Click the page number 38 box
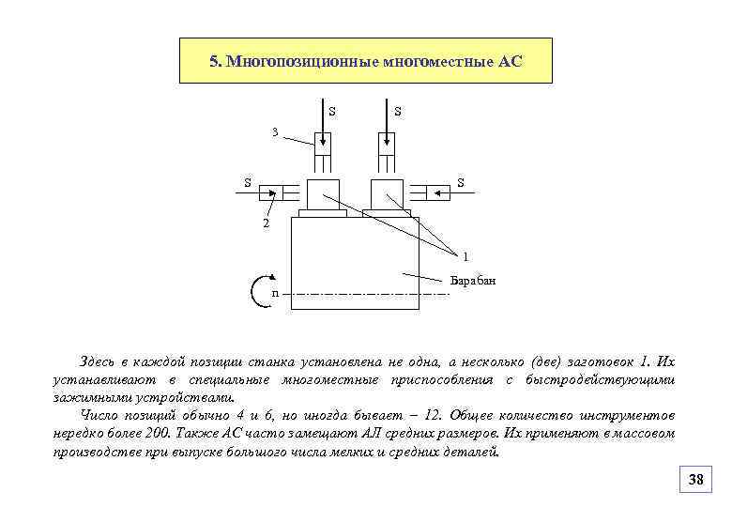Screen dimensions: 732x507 point(695,480)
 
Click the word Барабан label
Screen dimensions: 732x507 point(472,281)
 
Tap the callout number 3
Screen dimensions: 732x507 point(274,132)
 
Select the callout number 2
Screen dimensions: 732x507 point(266,224)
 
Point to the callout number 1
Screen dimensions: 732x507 point(465,256)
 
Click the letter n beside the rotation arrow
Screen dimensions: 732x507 point(274,294)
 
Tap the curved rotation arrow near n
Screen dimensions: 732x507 point(262,292)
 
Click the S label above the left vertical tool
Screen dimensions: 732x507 point(332,112)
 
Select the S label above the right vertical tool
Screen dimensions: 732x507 point(398,112)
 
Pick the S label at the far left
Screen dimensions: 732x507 point(248,182)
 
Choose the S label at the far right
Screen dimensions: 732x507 point(461,182)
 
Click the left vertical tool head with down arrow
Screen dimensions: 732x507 point(322,142)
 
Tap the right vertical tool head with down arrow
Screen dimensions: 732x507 point(386,142)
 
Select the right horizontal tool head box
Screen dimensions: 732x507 point(437,192)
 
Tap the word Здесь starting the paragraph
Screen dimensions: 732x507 point(99,361)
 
